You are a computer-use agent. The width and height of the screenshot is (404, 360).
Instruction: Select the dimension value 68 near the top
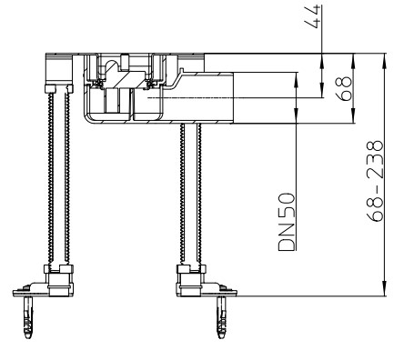click(344, 89)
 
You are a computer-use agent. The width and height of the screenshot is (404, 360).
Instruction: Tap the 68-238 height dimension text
click(374, 181)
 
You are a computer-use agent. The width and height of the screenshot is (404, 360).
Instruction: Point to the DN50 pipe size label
click(286, 222)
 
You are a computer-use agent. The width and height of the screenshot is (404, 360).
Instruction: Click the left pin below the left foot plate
click(28, 317)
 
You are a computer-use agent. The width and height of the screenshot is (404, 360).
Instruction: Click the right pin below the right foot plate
click(221, 317)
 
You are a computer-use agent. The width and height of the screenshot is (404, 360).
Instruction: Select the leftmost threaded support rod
click(50, 179)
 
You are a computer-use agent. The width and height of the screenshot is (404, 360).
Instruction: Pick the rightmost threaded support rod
click(199, 195)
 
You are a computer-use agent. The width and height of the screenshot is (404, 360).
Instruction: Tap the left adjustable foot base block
click(59, 280)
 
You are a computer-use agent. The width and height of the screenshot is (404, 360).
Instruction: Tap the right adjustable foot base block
click(191, 280)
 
